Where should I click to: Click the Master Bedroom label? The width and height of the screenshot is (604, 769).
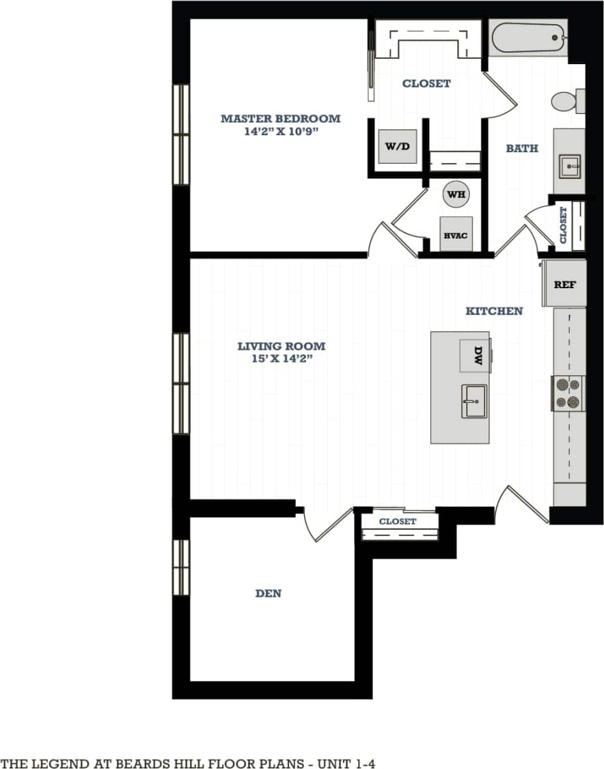pos(280,119)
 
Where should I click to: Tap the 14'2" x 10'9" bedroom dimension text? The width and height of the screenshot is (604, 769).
pos(280,131)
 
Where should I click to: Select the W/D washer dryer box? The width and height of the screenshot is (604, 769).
pos(398,146)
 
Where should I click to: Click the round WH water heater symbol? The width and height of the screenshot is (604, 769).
pos(456,195)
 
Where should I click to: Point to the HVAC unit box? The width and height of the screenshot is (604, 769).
pos(456,235)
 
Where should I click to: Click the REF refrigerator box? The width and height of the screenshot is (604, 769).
pos(564,283)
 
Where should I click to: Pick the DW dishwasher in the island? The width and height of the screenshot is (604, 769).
pos(476,354)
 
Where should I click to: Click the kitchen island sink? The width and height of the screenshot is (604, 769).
pos(473,400)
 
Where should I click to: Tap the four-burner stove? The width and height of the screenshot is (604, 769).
pos(568,394)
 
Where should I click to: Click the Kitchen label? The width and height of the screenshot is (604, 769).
pos(494,311)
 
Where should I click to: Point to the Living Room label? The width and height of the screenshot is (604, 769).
pos(281,346)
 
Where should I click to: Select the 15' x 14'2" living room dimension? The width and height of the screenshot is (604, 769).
pos(281,359)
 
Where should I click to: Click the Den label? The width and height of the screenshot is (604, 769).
pos(268,593)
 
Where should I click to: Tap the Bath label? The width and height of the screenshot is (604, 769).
pos(521,148)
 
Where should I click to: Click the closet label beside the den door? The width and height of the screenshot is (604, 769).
pos(398,521)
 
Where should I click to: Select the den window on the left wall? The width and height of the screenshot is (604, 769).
pos(181,567)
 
